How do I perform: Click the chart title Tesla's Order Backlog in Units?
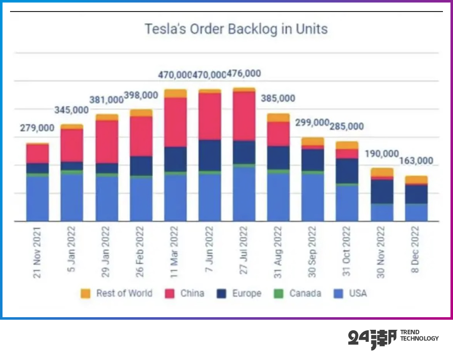tap(236, 29)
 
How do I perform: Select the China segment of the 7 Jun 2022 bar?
tap(209, 116)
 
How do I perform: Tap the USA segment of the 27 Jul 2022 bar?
tap(244, 194)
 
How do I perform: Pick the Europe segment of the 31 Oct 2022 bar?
tap(347, 171)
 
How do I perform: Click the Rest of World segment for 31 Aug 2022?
tap(278, 118)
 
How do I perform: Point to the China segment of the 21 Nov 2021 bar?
tap(38, 154)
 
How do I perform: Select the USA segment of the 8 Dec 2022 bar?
tap(416, 212)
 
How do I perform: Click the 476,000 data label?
tap(244, 74)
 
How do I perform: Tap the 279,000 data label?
tap(37, 128)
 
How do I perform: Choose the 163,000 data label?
tap(416, 161)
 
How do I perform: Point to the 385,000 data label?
tap(278, 98)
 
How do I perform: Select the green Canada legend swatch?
tap(280, 294)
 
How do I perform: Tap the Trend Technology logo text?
tap(419, 335)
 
